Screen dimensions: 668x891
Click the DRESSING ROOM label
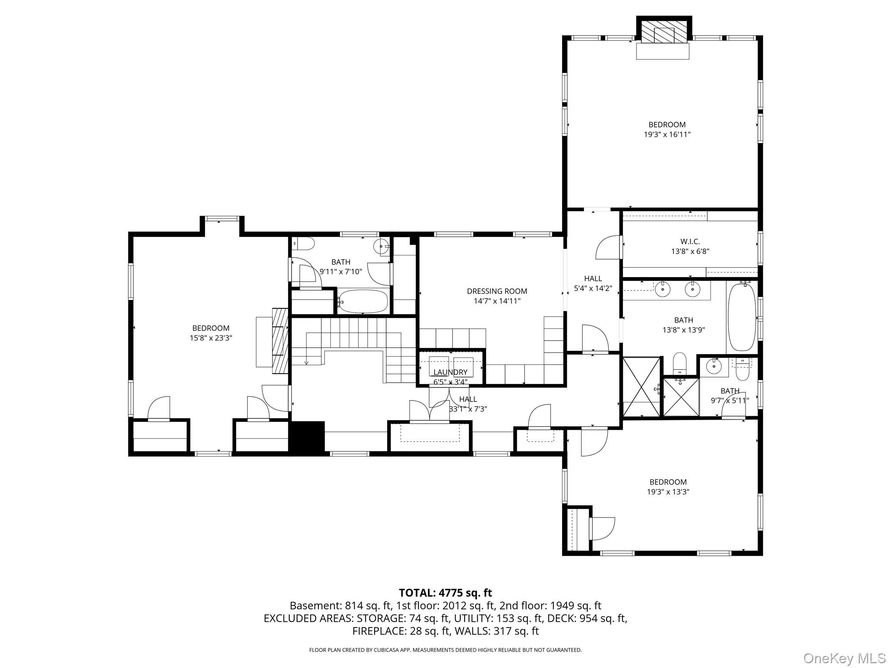coord(497,291)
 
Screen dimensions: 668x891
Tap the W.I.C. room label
coord(690,241)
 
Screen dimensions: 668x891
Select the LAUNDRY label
coord(450,372)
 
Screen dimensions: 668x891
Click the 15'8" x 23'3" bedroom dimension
coord(211,338)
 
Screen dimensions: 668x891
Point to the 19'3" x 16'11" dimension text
coord(667,135)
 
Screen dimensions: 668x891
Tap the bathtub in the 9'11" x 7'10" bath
coord(363,301)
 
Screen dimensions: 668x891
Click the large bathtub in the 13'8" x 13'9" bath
coord(742,316)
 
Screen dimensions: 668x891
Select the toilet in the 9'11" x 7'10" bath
coord(304,244)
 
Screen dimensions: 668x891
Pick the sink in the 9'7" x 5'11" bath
coord(714,366)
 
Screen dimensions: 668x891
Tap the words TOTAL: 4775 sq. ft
coord(445,593)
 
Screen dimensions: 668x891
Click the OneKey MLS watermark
coord(844,658)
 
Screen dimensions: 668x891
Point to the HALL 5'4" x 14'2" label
coord(593,283)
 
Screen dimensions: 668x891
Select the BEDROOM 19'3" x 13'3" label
coord(668,487)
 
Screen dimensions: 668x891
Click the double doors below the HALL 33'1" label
coord(430,411)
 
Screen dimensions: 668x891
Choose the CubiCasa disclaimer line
coord(445,650)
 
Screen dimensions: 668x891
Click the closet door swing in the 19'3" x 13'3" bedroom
coord(603,528)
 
